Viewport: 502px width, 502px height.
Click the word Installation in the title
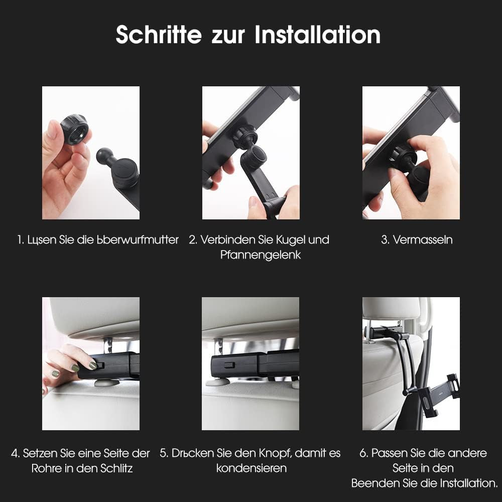(317, 35)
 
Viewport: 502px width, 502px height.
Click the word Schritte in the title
(159, 35)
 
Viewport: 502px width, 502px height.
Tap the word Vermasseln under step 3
(423, 239)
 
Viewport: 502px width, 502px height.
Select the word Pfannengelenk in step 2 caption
(261, 255)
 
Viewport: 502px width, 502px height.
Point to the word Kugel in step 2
(290, 239)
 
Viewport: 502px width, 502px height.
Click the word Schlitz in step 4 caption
(116, 468)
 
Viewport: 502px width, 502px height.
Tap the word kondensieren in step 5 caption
(252, 468)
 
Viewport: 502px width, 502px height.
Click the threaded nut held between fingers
(74, 129)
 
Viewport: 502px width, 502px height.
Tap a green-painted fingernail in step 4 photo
(92, 365)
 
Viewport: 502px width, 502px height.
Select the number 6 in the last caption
(363, 453)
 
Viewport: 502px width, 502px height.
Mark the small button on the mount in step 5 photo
(229, 365)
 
